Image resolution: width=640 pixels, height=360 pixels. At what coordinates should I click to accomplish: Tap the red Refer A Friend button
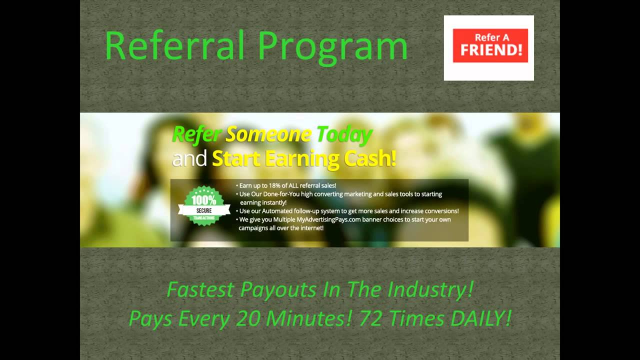(x=490, y=45)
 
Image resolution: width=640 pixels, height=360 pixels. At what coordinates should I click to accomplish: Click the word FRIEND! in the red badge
(x=490, y=50)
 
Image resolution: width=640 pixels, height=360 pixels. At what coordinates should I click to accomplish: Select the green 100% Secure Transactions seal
(x=204, y=206)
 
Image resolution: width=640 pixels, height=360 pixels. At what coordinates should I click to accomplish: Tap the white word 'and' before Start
(x=189, y=159)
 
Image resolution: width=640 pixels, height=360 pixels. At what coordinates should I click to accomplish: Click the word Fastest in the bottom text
(x=200, y=290)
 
